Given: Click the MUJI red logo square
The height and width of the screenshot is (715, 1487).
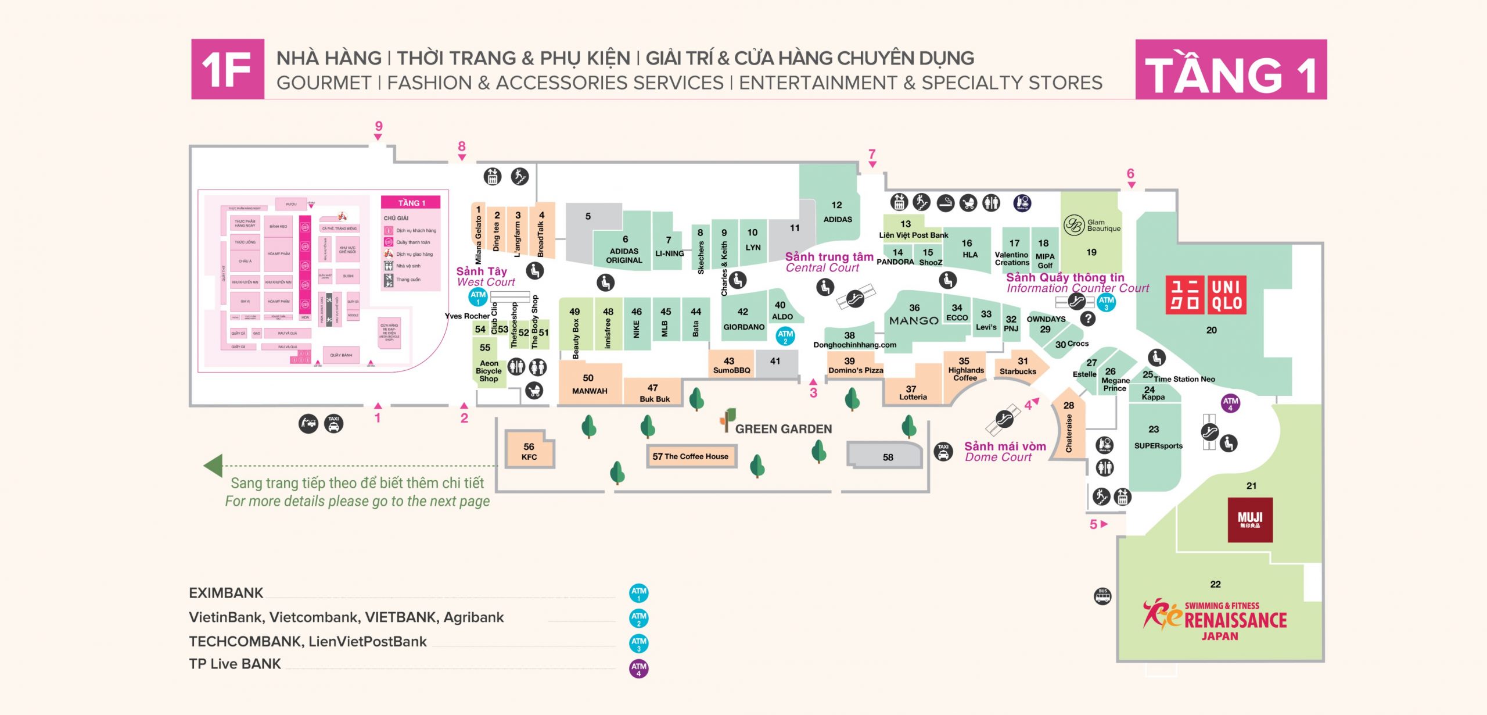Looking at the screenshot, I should coord(1250,520).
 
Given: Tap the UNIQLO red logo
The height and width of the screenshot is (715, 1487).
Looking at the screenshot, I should coord(1206,295).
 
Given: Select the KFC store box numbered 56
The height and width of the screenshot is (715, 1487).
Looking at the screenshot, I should coord(529,451).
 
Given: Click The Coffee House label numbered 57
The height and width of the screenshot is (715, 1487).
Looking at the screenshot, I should coord(691,456).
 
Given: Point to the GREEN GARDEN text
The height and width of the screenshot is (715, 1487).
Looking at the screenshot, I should coord(783,429).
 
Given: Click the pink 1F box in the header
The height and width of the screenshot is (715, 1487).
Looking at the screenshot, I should coord(228,69).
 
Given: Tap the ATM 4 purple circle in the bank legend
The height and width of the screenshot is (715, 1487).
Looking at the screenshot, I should coord(639,668).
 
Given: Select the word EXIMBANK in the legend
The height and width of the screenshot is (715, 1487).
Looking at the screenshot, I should coord(226,593).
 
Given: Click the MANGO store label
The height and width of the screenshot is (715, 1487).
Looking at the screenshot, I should coord(914,320).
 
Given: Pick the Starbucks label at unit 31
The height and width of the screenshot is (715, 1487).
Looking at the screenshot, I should coord(1018,371).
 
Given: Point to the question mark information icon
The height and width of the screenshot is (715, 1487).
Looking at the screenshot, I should coord(1088,319).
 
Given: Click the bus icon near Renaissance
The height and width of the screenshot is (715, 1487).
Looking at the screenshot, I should coord(1102,596).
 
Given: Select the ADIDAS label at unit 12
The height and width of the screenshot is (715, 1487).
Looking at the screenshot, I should coord(838,219).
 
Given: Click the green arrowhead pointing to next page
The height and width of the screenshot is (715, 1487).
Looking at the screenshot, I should coord(213,466).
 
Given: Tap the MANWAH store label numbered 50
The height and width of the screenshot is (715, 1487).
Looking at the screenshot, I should coord(590,391).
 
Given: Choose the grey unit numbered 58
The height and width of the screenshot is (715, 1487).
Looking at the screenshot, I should coord(887,457).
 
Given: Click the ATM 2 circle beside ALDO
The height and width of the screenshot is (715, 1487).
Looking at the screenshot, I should coord(785,335).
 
